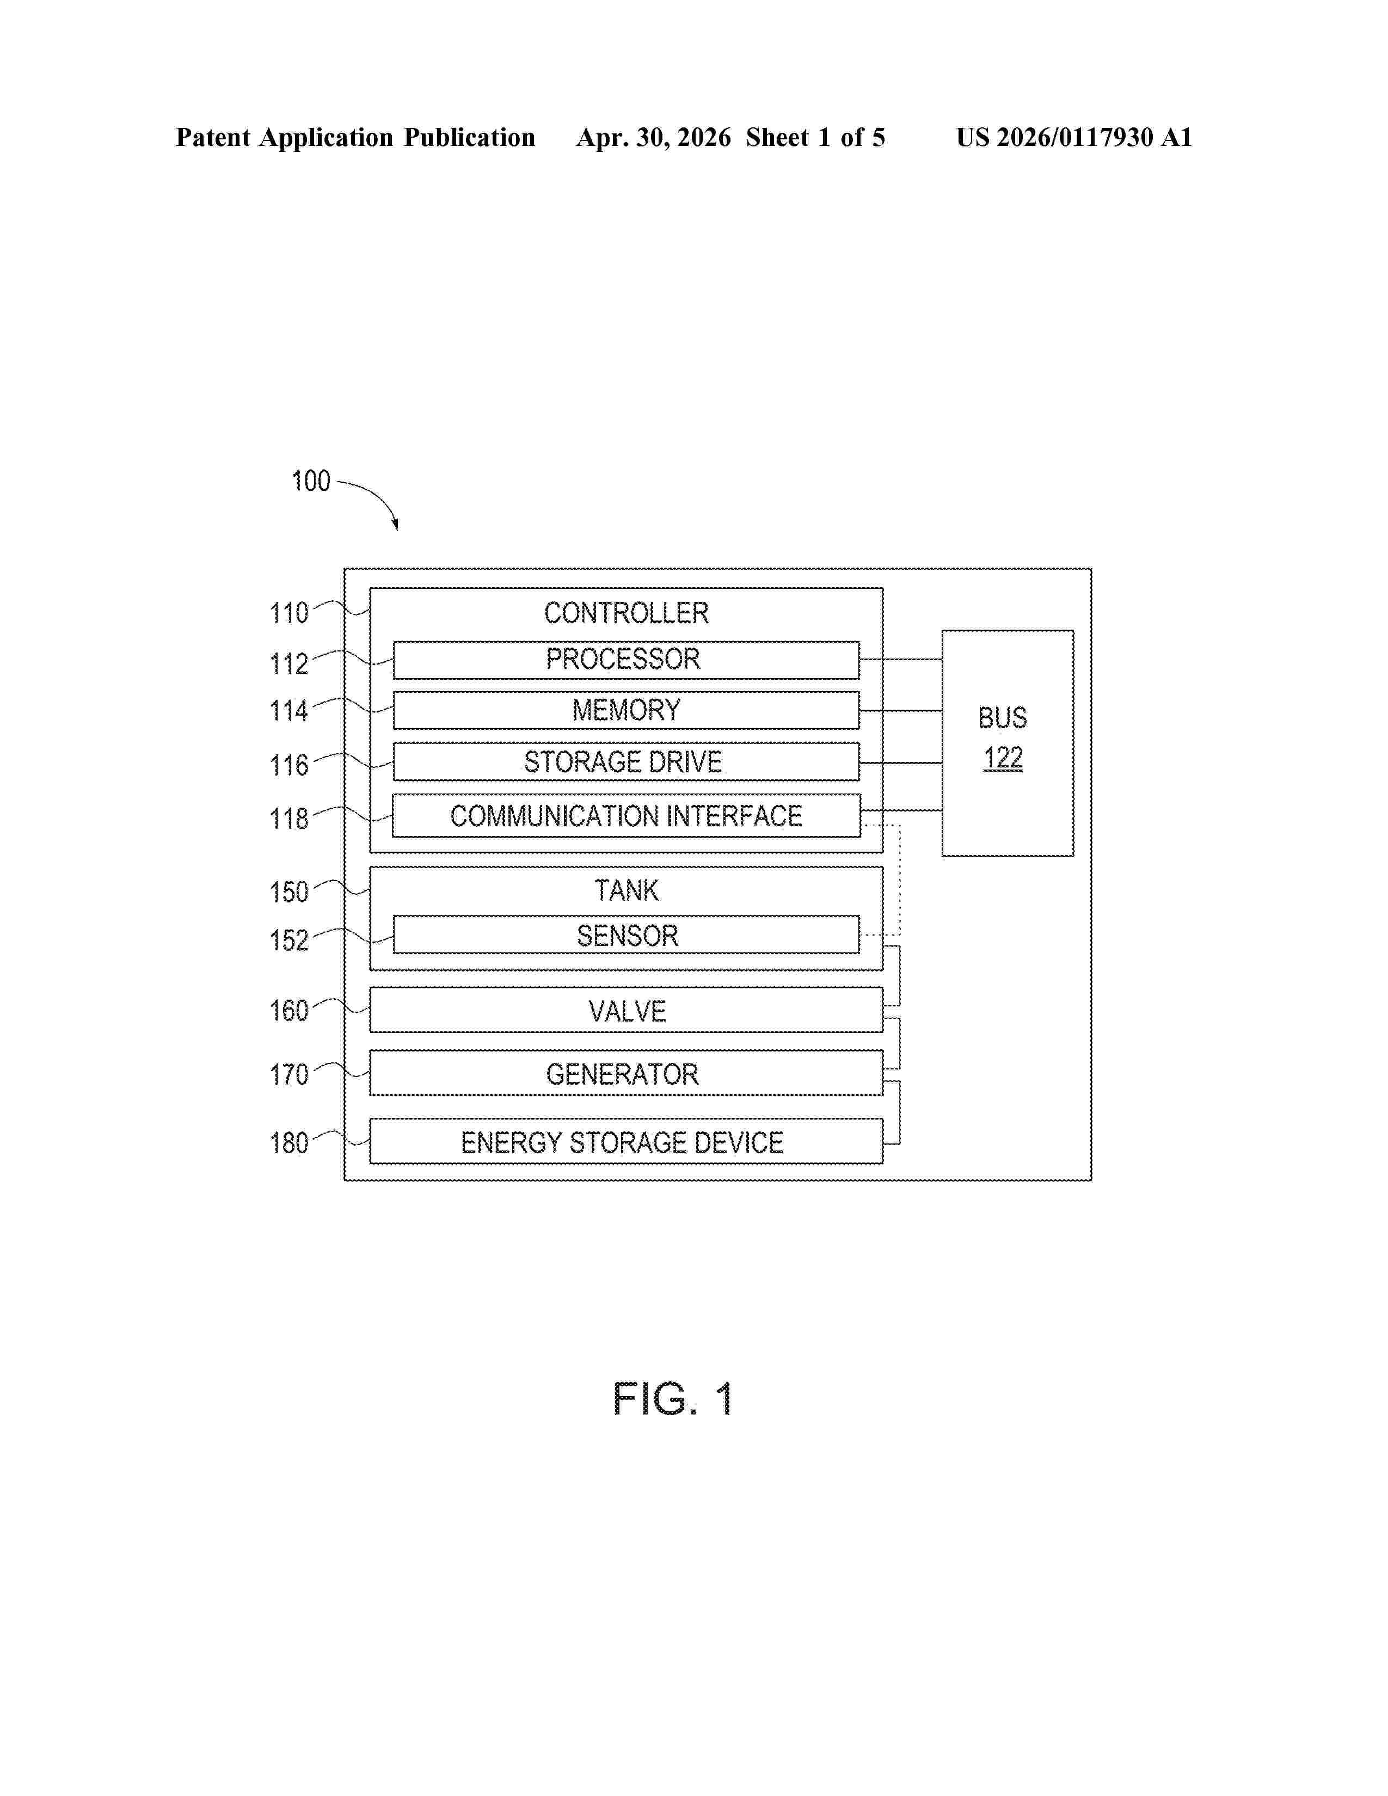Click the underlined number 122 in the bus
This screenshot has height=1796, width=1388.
tap(1003, 758)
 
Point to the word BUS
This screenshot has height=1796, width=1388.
tap(1002, 718)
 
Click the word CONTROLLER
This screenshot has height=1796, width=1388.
tap(626, 613)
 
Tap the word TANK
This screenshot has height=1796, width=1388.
tap(627, 890)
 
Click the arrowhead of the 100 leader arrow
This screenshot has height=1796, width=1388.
tap(396, 526)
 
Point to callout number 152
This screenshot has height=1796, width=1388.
tap(288, 940)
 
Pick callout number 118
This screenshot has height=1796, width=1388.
tap(288, 819)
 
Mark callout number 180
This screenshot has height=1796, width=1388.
tap(288, 1143)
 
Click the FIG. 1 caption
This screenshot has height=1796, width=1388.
tap(673, 1399)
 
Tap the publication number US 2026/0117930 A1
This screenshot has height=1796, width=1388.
tap(1074, 137)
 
